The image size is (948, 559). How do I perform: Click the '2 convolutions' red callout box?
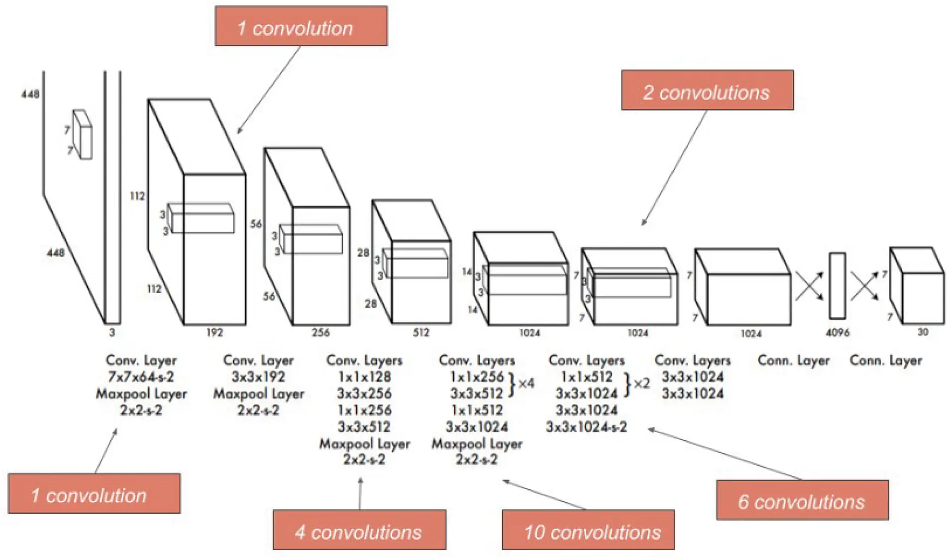point(707,90)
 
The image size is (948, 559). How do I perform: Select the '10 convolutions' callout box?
point(588,529)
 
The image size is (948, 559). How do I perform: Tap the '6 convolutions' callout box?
point(802,500)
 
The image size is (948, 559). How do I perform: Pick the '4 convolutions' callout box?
point(359,529)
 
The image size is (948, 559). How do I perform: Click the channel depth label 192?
point(214,332)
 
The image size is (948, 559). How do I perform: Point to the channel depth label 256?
point(320,332)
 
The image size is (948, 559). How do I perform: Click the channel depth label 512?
point(421,332)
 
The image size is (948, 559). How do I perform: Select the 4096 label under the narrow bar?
point(837,332)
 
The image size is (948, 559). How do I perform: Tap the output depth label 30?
point(922,332)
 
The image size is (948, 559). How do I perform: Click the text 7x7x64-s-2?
point(141,377)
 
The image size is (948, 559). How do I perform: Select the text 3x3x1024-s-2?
point(586,427)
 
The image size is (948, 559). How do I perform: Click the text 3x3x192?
point(258,377)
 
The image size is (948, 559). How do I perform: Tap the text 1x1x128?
point(364,377)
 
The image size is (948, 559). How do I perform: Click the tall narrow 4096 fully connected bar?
point(837,286)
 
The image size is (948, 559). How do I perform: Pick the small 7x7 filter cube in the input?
point(83,135)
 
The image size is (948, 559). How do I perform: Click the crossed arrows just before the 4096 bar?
point(809,285)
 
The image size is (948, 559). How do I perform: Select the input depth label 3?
point(112,332)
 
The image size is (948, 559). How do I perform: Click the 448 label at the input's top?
point(30,94)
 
